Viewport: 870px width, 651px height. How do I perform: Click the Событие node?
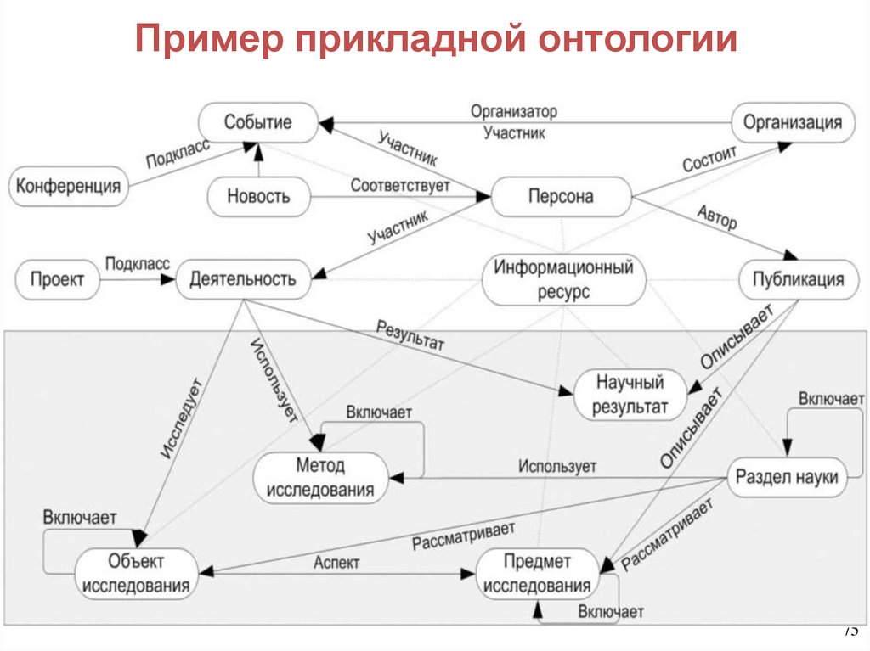(x=257, y=122)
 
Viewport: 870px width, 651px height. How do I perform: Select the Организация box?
(x=793, y=122)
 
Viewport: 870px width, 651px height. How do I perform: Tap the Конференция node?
(x=69, y=185)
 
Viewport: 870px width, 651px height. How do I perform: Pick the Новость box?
(x=258, y=196)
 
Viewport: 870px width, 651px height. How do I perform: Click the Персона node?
(x=561, y=196)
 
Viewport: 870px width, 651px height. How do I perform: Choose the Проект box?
(x=58, y=279)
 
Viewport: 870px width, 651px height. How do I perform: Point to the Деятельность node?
(x=243, y=279)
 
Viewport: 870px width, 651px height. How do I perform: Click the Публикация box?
(x=792, y=279)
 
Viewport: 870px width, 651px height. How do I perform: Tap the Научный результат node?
(x=630, y=394)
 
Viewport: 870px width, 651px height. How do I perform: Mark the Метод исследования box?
(x=320, y=478)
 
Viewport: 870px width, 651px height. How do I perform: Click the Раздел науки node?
(x=786, y=477)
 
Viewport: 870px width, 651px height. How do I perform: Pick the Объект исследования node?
(x=137, y=573)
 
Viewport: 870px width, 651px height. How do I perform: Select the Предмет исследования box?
(x=537, y=574)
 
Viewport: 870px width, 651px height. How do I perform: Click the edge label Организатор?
(x=514, y=112)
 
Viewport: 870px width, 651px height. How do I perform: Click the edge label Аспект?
(x=337, y=562)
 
